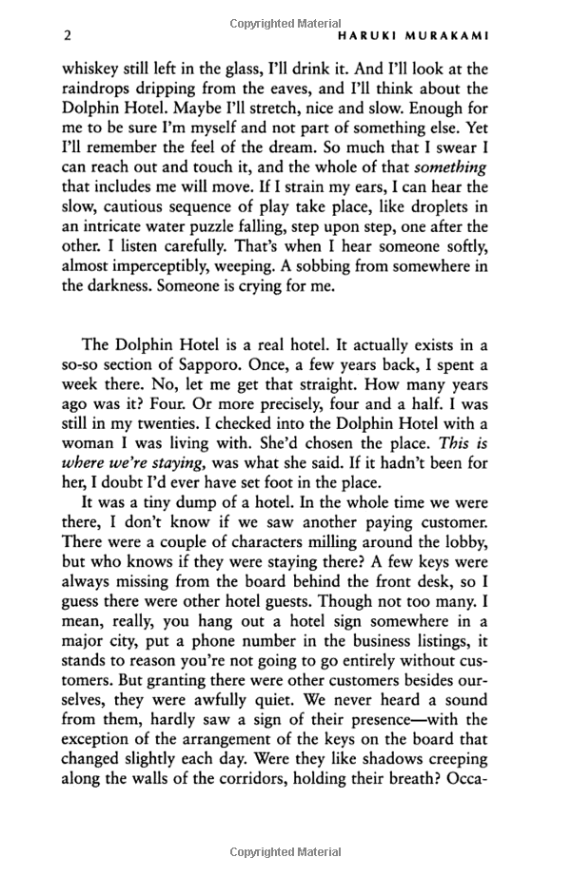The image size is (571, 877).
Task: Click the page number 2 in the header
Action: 66,36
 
